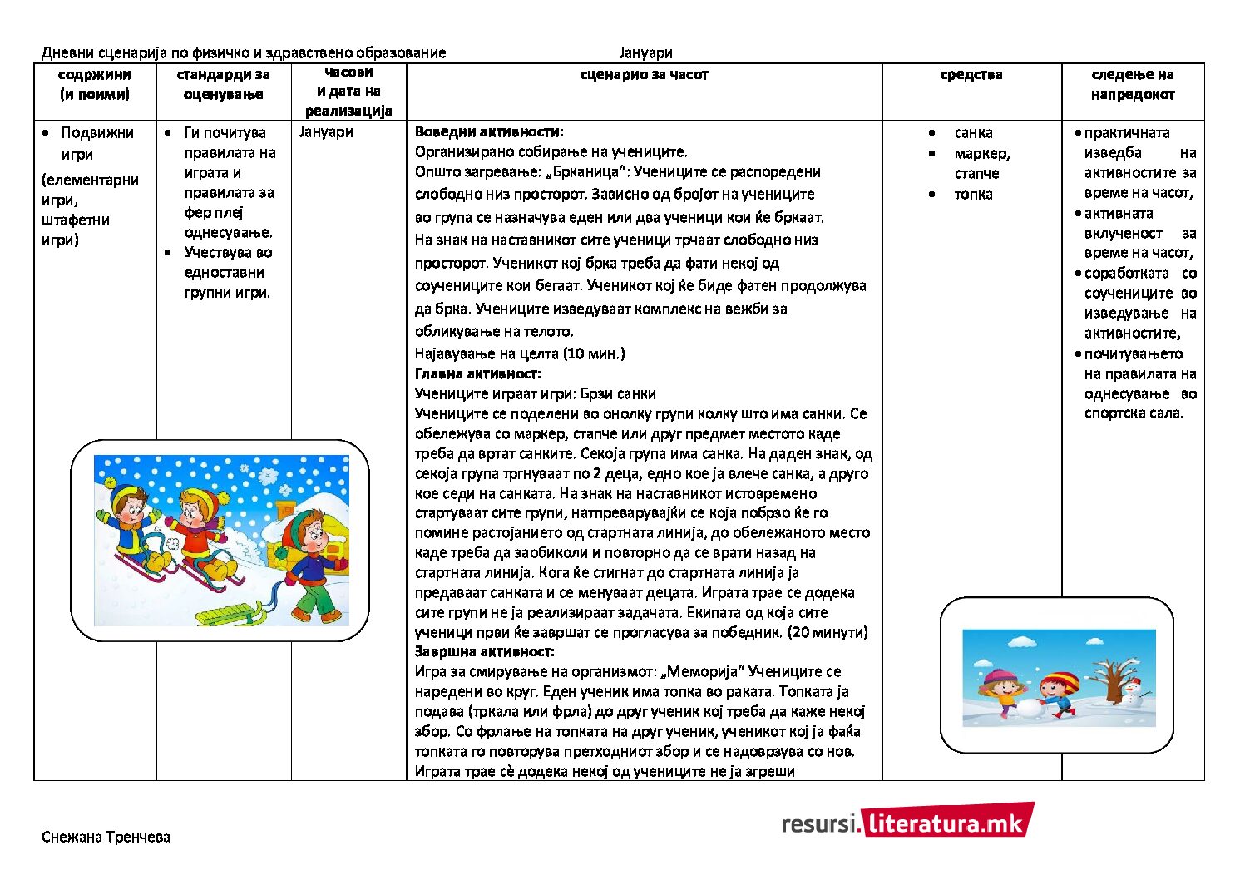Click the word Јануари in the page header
click(x=645, y=53)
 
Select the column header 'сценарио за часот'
click(x=644, y=75)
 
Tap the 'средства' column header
click(x=971, y=75)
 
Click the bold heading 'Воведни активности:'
click(x=489, y=131)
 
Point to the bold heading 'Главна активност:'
click(x=477, y=373)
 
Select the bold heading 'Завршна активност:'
click(x=484, y=651)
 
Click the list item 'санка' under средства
click(x=973, y=133)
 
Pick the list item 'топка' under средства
click(x=973, y=195)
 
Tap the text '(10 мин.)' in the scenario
click(x=594, y=353)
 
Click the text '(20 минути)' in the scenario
click(x=828, y=632)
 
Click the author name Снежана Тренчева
click(x=106, y=837)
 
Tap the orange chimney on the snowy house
click(x=285, y=510)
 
